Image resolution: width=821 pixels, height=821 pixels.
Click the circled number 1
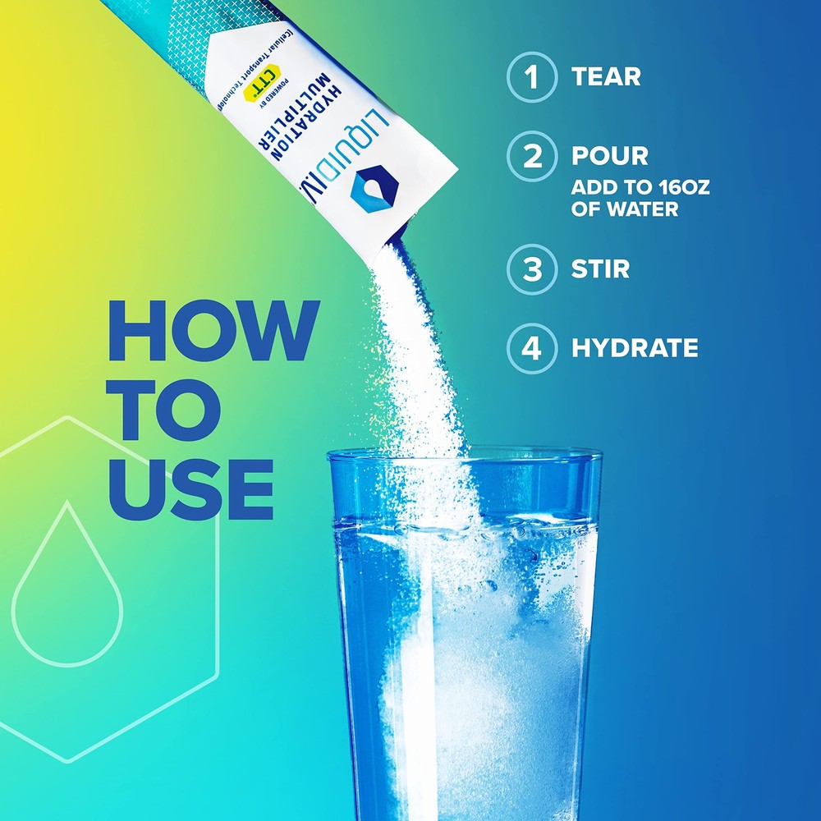point(533,77)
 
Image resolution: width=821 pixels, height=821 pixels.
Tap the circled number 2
point(533,156)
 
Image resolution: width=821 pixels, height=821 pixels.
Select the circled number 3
point(533,269)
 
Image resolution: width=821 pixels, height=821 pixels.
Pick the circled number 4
point(533,348)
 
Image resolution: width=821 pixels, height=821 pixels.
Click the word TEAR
point(606,77)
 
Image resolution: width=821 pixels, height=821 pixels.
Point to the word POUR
point(610,156)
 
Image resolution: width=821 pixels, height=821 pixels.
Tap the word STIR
point(600,269)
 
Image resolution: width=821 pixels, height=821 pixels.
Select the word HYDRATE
point(635,348)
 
